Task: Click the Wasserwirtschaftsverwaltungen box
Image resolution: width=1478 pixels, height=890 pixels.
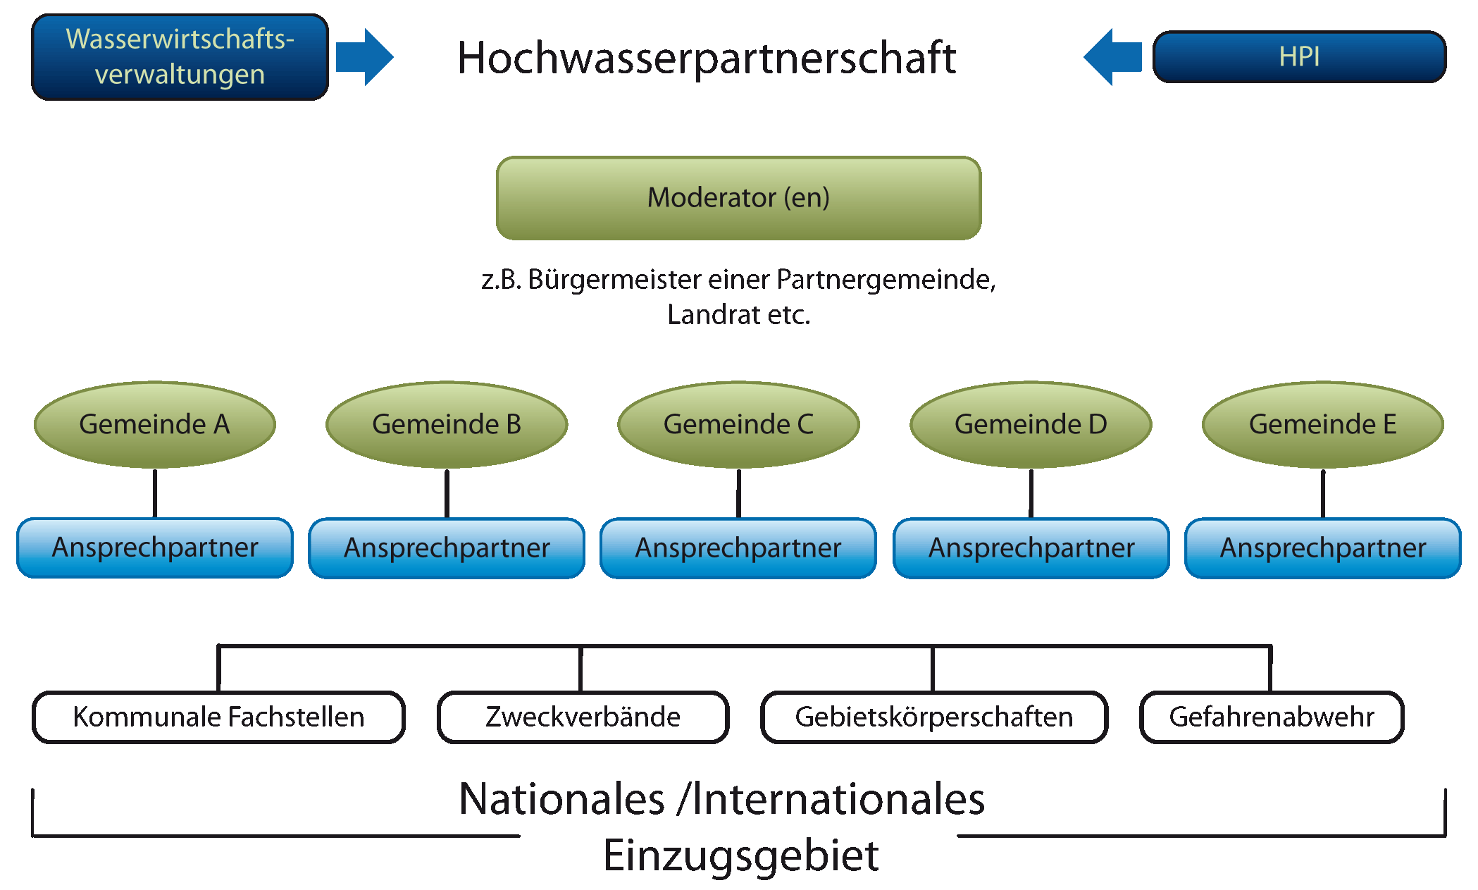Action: (180, 57)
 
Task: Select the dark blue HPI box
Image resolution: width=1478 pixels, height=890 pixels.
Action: (1298, 57)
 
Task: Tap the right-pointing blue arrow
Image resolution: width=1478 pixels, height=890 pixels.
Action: (364, 57)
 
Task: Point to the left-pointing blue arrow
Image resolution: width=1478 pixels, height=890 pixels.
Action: (1113, 57)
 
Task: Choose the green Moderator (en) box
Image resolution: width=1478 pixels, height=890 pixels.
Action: (738, 198)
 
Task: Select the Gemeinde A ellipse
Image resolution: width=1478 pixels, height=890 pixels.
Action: (154, 424)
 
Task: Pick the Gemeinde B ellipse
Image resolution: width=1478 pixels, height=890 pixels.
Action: (447, 424)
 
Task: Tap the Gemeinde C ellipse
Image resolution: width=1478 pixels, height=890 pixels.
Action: (738, 424)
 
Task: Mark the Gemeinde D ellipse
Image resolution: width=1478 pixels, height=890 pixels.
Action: (1031, 424)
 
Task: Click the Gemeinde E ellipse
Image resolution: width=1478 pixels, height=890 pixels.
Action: (1322, 424)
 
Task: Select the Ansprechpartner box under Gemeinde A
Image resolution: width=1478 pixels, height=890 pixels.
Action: (154, 548)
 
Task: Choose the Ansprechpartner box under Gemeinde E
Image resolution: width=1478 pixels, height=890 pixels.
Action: (1322, 548)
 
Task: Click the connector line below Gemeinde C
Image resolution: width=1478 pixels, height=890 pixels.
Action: (738, 493)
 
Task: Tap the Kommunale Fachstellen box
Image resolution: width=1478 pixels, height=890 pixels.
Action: (218, 717)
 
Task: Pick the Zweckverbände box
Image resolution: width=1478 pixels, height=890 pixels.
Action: (583, 717)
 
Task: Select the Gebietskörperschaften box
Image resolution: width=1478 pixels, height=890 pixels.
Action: (933, 717)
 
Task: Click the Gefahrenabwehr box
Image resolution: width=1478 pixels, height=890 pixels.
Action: (1271, 717)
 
